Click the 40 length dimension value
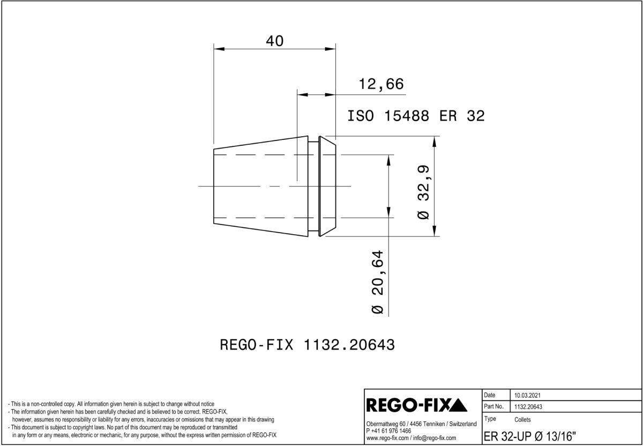(x=274, y=41)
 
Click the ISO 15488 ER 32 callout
(x=416, y=116)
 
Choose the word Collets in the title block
(x=522, y=420)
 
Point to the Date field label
(x=490, y=394)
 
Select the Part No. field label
(x=494, y=407)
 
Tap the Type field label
(x=490, y=419)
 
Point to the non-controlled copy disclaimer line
(x=111, y=404)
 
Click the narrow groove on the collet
(x=315, y=185)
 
